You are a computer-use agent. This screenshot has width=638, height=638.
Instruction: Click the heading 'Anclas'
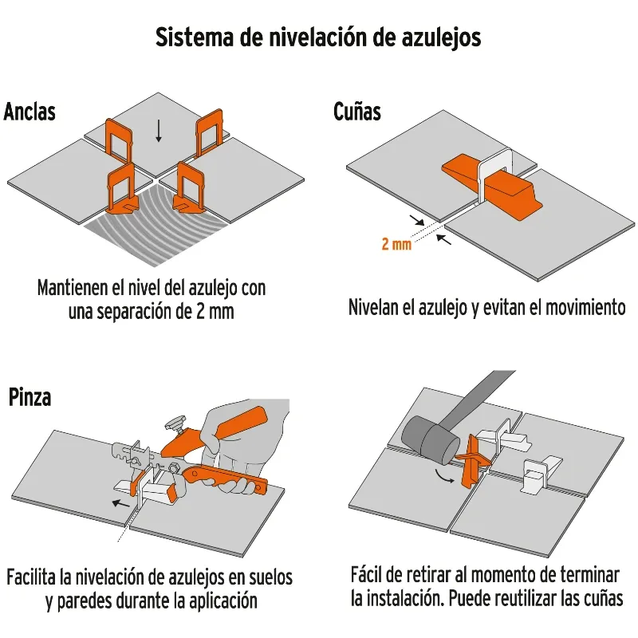click(x=30, y=112)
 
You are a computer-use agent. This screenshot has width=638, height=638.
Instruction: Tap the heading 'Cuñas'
click(x=356, y=112)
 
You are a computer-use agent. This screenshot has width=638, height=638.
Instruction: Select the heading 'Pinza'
click(x=30, y=397)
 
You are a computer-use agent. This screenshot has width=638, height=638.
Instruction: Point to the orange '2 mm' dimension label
click(x=396, y=244)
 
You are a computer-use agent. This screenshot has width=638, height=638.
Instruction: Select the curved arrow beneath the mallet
click(x=443, y=476)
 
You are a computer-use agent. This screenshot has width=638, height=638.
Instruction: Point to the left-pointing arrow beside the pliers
click(x=121, y=503)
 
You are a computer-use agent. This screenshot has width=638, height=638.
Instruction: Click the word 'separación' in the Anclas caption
click(x=134, y=312)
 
